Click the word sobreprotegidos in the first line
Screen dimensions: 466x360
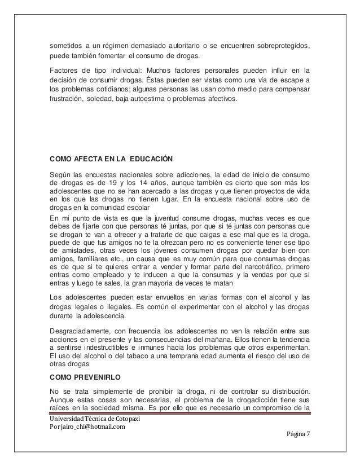(x=282, y=45)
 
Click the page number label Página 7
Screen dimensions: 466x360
(x=303, y=433)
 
